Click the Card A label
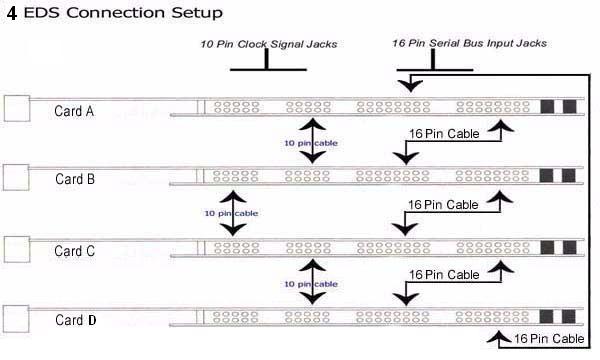point(74,111)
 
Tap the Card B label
point(75,179)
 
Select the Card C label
point(74,251)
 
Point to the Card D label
point(75,320)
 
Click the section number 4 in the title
point(12,13)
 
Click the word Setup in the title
point(197,13)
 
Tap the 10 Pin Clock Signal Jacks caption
point(269,44)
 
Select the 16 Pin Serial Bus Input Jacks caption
point(470,43)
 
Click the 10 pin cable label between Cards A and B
point(311,143)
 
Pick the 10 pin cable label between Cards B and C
point(231,213)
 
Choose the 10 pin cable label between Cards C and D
point(311,284)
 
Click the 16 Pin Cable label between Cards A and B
point(444,134)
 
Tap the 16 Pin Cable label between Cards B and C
point(443,205)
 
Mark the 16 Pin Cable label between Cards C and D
point(444,275)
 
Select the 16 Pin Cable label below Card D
point(549,339)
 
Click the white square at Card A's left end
point(17,109)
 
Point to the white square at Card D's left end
point(16,319)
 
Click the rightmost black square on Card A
point(569,106)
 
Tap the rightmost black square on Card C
point(569,248)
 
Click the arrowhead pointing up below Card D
point(499,336)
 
